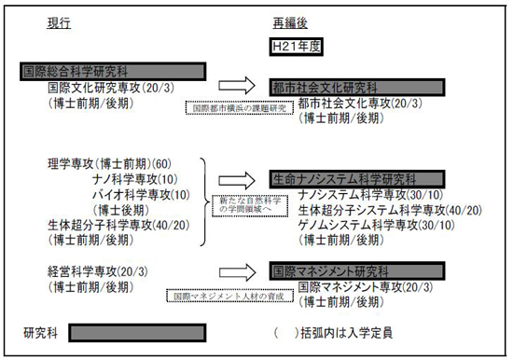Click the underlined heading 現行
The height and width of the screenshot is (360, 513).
coord(59,21)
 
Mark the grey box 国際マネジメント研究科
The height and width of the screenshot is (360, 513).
coord(343,271)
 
